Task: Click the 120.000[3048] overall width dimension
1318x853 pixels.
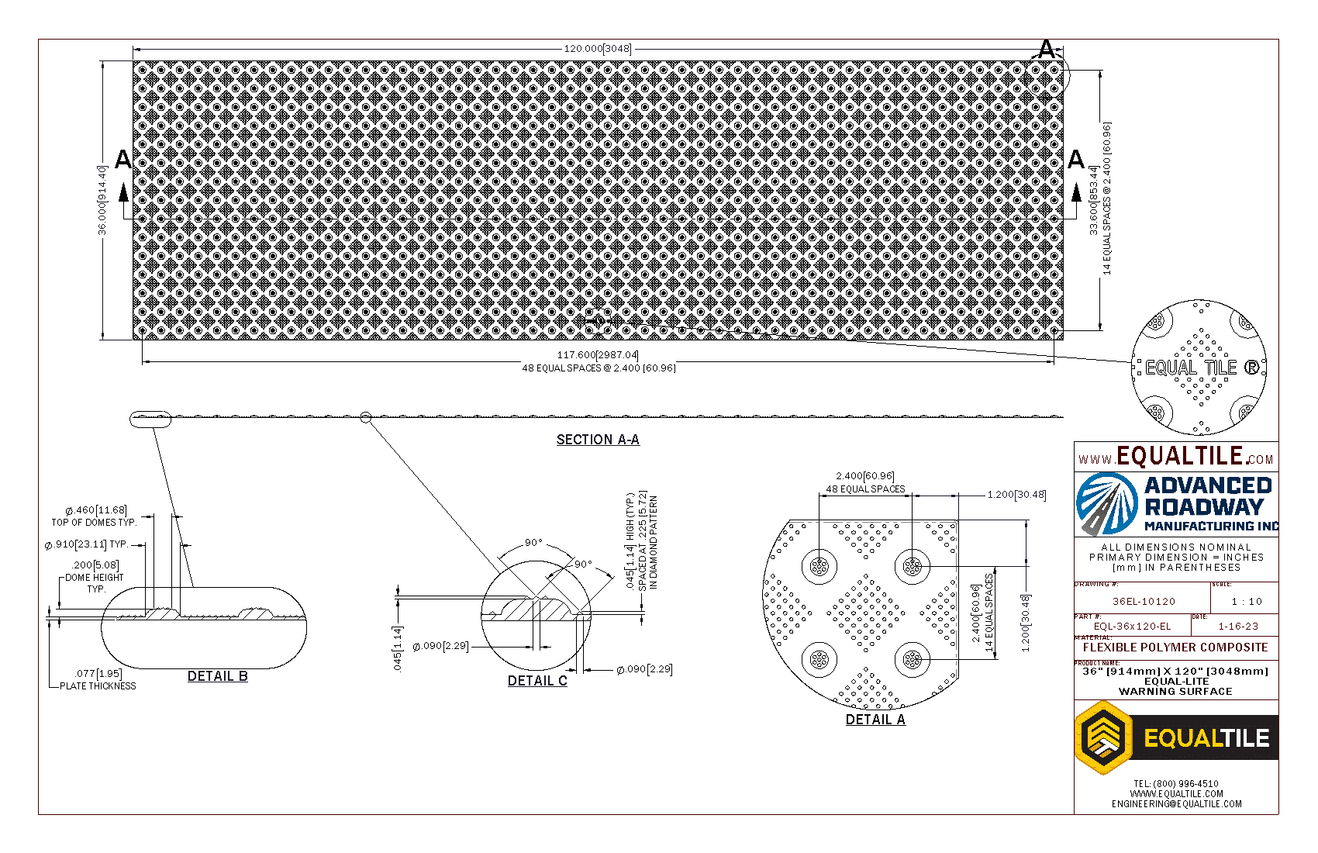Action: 597,49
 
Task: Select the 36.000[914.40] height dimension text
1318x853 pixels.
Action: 102,200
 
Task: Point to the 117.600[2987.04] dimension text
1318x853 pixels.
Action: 597,355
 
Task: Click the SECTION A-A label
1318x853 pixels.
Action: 598,440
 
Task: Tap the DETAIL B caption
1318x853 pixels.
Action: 218,676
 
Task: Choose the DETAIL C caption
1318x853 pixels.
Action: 537,681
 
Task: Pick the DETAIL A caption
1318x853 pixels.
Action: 875,720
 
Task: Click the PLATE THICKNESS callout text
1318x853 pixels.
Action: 98,686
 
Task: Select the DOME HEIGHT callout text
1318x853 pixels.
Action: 95,578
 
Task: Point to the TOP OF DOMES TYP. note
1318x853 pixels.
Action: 94,523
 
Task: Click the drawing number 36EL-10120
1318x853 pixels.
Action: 1144,601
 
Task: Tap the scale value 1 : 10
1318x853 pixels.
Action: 1247,601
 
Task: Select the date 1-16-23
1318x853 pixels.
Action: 1238,627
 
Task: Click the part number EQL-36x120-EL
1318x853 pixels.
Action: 1132,627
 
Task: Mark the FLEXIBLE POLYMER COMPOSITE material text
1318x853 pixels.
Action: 1175,648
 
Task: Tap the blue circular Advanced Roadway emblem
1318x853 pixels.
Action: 1107,504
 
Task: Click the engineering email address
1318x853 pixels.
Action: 1176,804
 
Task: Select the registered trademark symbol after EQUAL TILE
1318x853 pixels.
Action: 1251,368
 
